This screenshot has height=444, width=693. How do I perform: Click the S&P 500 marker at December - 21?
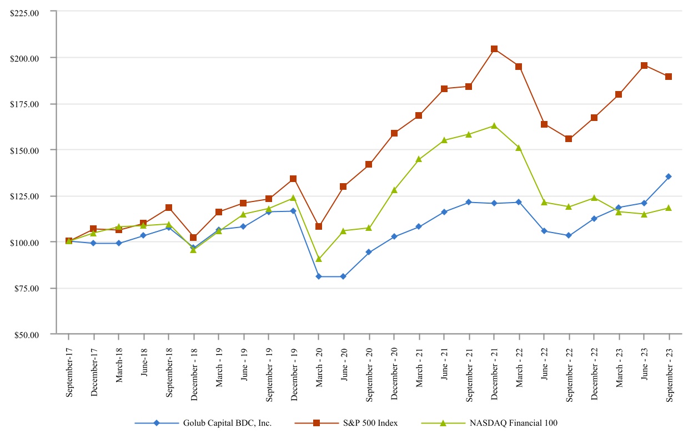tap(494, 49)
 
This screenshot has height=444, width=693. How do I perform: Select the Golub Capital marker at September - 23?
tap(669, 176)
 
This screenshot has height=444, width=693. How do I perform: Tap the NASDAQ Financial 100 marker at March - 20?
tap(319, 259)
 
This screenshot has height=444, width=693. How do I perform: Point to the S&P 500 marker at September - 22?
tap(569, 139)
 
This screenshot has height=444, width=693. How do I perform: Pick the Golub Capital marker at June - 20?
tap(343, 276)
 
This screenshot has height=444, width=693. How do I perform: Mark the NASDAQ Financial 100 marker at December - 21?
tap(494, 125)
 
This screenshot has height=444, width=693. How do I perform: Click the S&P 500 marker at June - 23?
tap(644, 65)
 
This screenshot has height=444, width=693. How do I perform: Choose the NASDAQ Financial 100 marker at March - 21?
tap(419, 159)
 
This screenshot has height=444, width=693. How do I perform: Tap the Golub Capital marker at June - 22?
tap(544, 231)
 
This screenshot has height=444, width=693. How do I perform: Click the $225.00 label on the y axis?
tap(25, 11)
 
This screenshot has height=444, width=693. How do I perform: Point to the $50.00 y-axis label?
tap(27, 334)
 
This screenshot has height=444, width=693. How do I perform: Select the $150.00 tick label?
tap(25, 150)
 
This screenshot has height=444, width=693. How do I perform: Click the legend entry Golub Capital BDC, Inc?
tap(227, 423)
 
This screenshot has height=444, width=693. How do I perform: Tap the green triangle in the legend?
tap(443, 423)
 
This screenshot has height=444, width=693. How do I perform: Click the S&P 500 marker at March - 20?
tap(319, 226)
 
